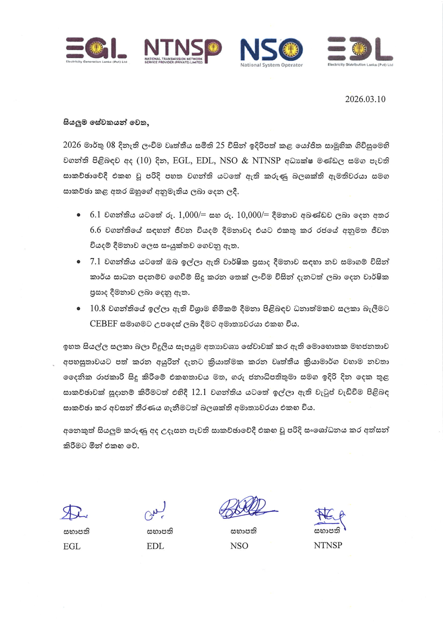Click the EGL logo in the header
click(x=96, y=50)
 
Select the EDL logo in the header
click(x=360, y=50)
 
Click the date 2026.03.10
click(x=365, y=99)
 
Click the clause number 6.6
click(x=95, y=230)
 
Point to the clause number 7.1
click(x=95, y=262)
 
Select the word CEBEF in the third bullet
click(x=103, y=324)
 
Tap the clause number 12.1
click(x=199, y=392)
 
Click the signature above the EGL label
click(x=74, y=512)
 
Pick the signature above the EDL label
click(x=155, y=511)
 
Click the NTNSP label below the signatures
click(x=328, y=545)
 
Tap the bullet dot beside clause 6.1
click(x=78, y=216)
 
